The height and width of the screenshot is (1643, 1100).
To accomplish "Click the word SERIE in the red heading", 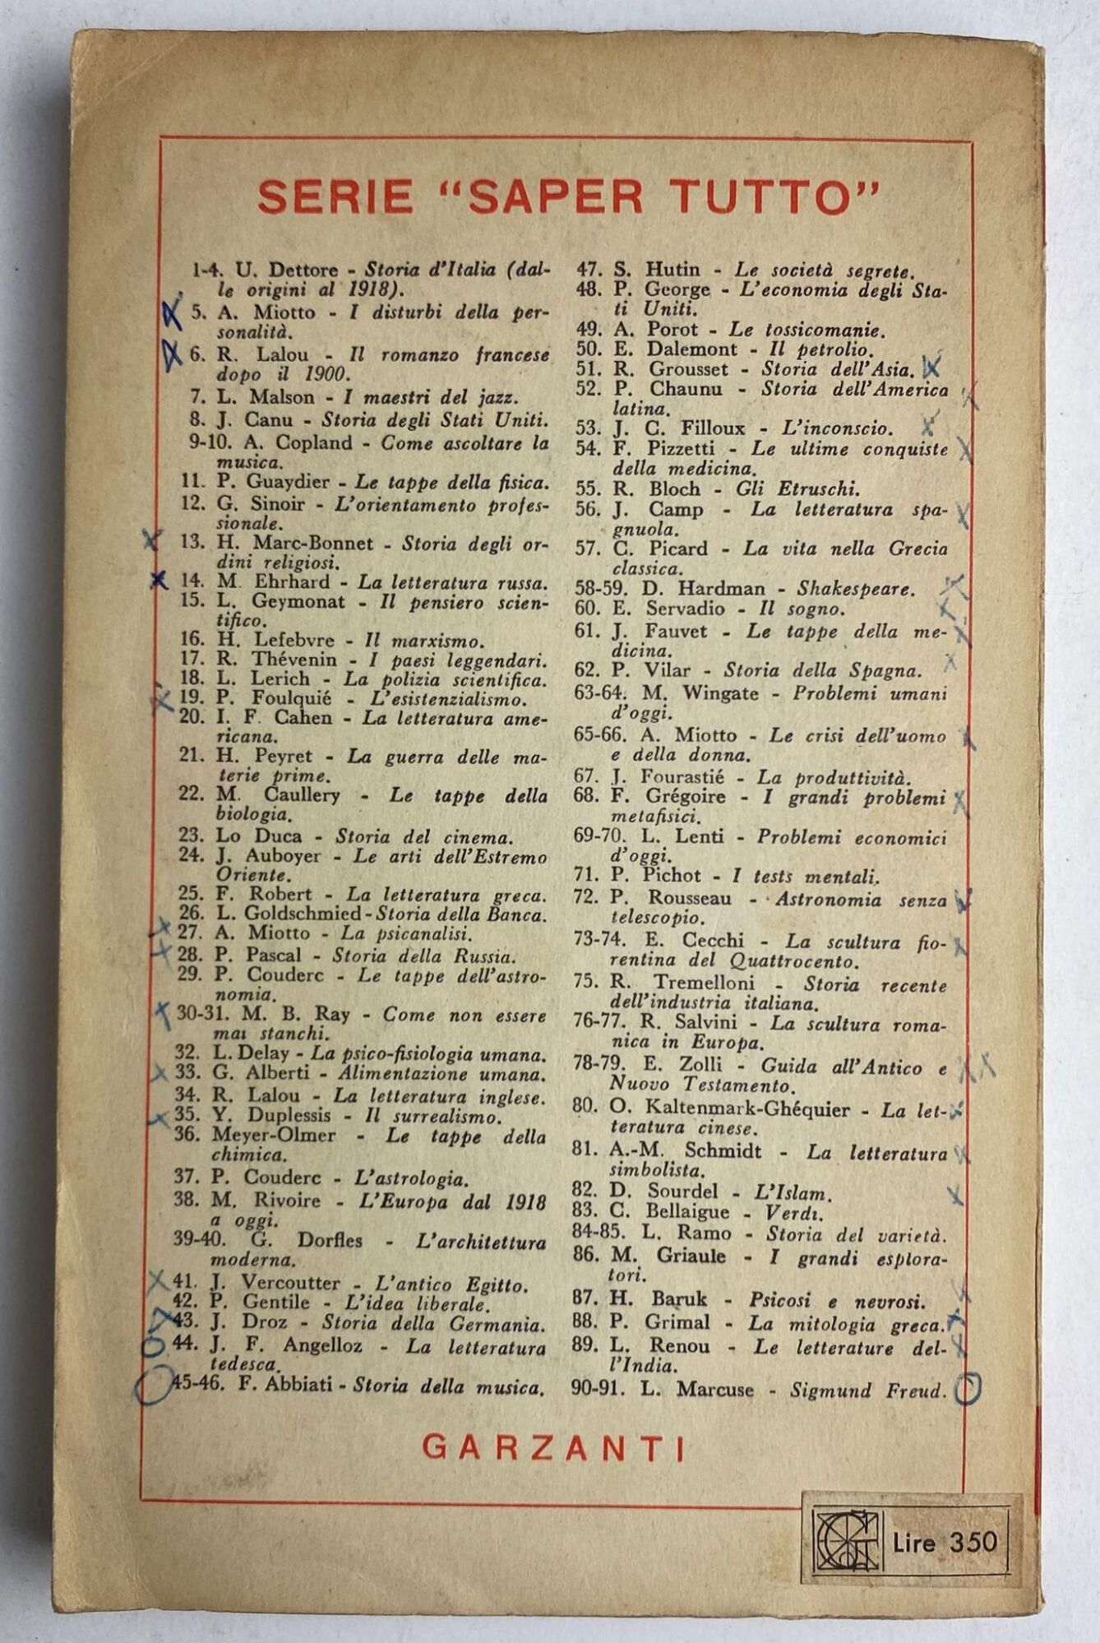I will pyautogui.click(x=335, y=197).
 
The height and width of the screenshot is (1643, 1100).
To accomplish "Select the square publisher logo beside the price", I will pyautogui.click(x=847, y=1542).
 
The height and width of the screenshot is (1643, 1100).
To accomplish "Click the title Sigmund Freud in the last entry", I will pyautogui.click(x=866, y=1391).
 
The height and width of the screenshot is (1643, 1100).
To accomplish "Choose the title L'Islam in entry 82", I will pyautogui.click(x=782, y=1192).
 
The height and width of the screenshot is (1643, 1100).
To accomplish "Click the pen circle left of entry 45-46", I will pyautogui.click(x=152, y=1386).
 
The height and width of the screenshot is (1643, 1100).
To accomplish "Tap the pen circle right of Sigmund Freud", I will pyautogui.click(x=970, y=1389).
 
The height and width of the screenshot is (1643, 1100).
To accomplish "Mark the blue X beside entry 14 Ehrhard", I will pyautogui.click(x=159, y=581).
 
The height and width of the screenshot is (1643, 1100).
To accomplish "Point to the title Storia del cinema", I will pyautogui.click(x=424, y=837).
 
